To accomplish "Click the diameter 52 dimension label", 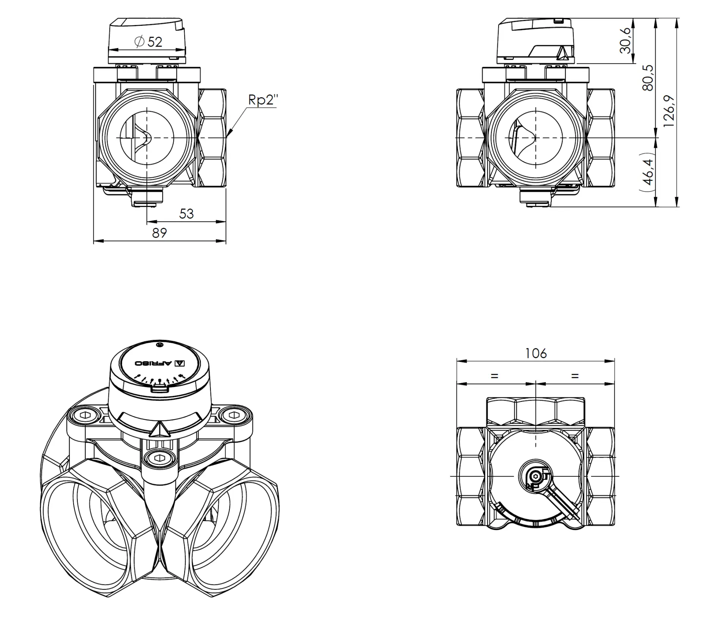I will [x=148, y=42].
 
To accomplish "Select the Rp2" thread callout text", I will [x=263, y=100].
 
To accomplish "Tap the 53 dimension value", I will [x=186, y=214].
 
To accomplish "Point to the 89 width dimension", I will [x=159, y=233].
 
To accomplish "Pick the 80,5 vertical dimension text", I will [x=648, y=78].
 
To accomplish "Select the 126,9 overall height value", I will [x=669, y=111].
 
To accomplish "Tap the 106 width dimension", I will [x=536, y=354].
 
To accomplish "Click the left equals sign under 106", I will [x=494, y=376].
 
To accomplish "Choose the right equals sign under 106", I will [x=575, y=376].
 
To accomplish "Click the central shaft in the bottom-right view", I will [x=535, y=476].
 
